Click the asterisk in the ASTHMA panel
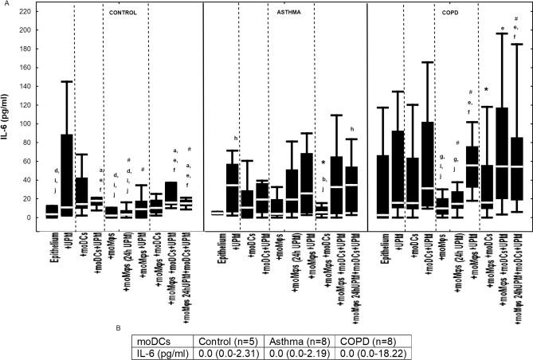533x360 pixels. tap(323, 163)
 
